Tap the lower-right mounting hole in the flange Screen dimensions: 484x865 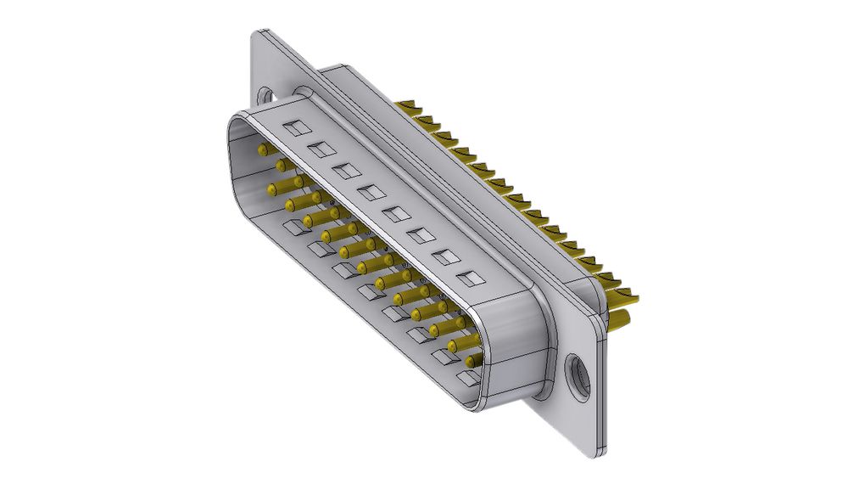(x=579, y=374)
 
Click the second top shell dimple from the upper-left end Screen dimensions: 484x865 (x=321, y=150)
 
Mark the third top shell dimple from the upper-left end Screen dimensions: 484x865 (x=346, y=172)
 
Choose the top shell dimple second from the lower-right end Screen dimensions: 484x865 (x=444, y=256)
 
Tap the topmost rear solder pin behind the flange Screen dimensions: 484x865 (x=410, y=107)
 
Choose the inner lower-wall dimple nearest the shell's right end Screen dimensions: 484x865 (x=467, y=376)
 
